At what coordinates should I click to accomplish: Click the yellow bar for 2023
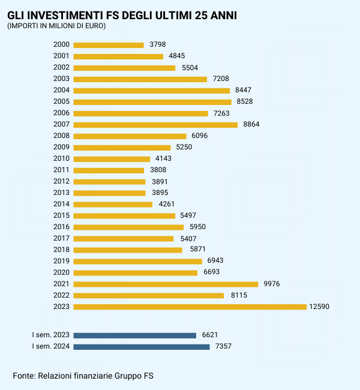(190, 307)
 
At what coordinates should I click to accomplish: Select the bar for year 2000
(109, 45)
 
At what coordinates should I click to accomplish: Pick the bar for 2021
(166, 284)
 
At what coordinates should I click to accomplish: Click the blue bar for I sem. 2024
(142, 347)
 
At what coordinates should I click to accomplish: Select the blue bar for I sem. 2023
(135, 335)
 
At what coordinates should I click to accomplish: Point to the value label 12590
(319, 307)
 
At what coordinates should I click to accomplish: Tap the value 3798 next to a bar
(157, 45)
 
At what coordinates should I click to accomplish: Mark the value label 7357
(223, 347)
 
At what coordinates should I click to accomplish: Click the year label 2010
(62, 159)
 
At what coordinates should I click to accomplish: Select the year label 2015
(62, 215)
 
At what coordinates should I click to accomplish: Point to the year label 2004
(62, 91)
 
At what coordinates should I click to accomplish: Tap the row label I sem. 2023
(51, 335)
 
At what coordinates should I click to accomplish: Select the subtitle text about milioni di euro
(56, 26)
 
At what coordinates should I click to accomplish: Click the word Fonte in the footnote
(24, 376)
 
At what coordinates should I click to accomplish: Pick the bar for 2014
(113, 204)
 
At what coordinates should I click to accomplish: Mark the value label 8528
(245, 102)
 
